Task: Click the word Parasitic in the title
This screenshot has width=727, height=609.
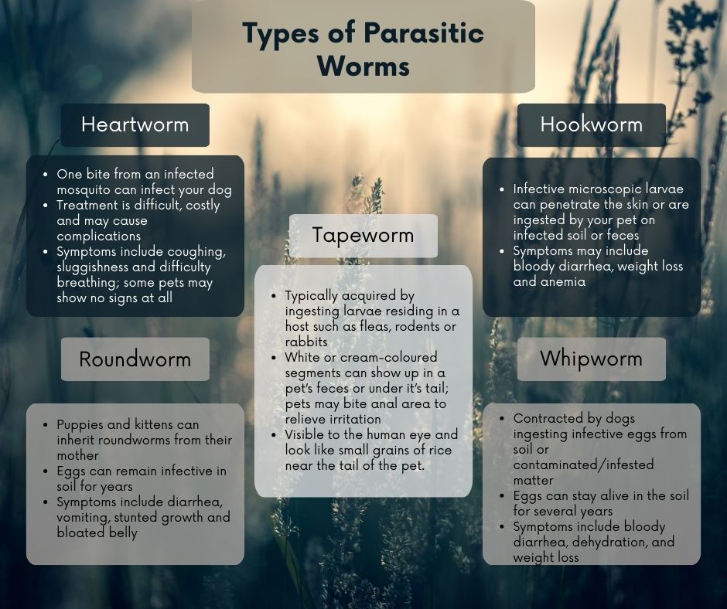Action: click(423, 33)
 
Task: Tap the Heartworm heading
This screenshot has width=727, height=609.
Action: click(135, 124)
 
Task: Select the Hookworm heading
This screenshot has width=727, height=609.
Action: click(592, 124)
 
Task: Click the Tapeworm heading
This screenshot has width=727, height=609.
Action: click(363, 235)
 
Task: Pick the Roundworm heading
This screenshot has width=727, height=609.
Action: click(135, 359)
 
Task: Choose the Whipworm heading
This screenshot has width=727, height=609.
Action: click(591, 359)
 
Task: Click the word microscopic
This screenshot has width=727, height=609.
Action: click(609, 189)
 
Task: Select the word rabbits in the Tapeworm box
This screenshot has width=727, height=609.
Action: click(306, 342)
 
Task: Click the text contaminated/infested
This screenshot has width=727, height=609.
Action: click(583, 464)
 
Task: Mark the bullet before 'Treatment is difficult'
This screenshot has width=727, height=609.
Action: click(46, 206)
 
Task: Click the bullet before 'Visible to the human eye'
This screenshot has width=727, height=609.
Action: click(274, 435)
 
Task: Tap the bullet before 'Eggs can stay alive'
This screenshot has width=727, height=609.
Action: click(502, 496)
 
